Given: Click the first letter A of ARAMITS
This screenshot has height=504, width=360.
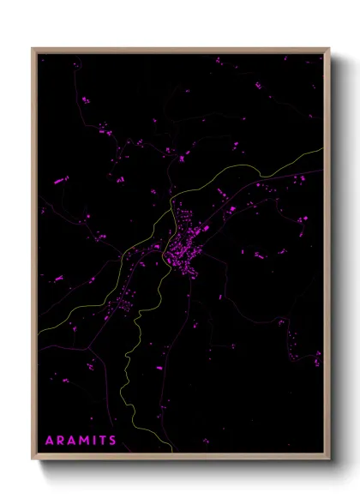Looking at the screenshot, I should coord(49,440).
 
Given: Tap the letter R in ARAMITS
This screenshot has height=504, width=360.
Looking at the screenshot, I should coord(61,440).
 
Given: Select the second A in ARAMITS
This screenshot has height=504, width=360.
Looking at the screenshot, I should coord(73,440).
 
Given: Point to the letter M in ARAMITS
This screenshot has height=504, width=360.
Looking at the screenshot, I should coord(86,440).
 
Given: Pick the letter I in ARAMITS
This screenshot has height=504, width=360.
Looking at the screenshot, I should coord(96,440).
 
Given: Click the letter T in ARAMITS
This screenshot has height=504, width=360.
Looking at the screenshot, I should coord(104,440).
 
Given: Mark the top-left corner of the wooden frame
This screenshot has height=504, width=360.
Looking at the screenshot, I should coord(33,48).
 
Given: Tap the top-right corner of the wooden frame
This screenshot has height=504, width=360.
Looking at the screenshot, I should coord(330,48).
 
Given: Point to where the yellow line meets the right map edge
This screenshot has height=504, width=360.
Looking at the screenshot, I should coord(324,149).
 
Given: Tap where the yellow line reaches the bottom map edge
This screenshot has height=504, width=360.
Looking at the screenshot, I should coord(174,453).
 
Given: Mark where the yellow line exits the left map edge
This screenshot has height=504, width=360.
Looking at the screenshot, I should coord(39,330).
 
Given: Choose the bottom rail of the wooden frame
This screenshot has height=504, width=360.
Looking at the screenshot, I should coord(181,457).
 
